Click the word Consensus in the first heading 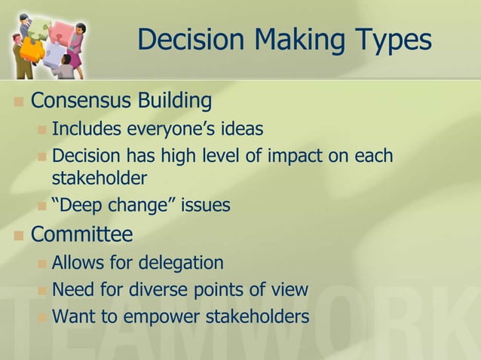[x=83, y=100]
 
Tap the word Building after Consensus [x=176, y=100]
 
